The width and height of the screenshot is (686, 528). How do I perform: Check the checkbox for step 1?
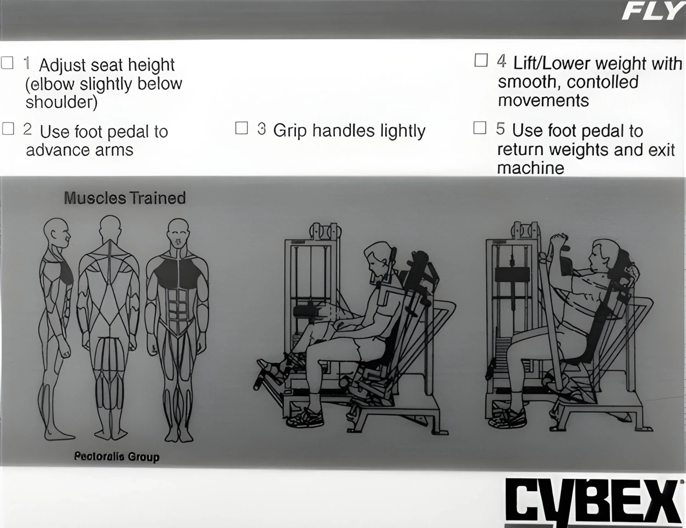click(7, 63)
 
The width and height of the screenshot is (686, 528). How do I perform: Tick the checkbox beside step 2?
click(8, 128)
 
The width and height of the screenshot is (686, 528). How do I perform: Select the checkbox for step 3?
click(241, 128)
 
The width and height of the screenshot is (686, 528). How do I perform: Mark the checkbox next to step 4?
click(481, 60)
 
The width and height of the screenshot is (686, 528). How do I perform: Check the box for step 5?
click(480, 128)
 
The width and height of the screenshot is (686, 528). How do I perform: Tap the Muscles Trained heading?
click(125, 198)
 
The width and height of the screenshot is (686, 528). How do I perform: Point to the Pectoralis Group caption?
click(117, 456)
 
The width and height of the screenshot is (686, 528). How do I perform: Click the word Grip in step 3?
click(289, 131)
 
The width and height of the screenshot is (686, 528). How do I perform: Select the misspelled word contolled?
click(603, 82)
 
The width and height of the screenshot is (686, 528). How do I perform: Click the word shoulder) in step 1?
click(61, 102)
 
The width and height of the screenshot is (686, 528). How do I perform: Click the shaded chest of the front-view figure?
click(178, 273)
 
